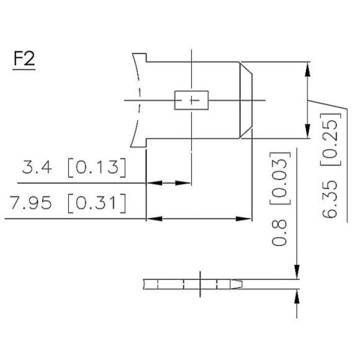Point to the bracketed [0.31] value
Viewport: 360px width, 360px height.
(96, 203)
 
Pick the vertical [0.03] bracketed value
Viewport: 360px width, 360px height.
(280, 178)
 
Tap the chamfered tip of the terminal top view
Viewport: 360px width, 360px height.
(246, 100)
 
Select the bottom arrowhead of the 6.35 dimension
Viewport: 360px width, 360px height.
(307, 132)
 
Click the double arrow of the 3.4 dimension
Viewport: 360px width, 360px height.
(168, 183)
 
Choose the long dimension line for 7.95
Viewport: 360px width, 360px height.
(199, 218)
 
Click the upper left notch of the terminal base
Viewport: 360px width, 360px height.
(140, 58)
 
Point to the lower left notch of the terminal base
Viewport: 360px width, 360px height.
(140, 142)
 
